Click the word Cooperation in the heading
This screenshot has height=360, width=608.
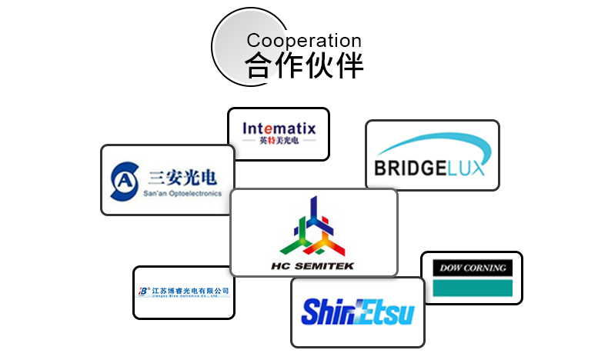[x=303, y=41]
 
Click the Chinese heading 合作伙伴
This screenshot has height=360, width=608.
[x=305, y=66]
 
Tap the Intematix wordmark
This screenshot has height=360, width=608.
[x=279, y=128]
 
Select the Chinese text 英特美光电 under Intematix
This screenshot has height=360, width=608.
[x=278, y=142]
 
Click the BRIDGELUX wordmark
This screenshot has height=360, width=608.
[x=430, y=168]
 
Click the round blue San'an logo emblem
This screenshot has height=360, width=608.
[x=125, y=179]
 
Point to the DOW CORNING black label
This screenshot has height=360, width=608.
[x=473, y=268]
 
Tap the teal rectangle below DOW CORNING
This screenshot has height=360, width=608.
[x=473, y=288]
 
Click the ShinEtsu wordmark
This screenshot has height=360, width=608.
[x=357, y=312]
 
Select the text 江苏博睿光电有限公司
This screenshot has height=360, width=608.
[x=189, y=291]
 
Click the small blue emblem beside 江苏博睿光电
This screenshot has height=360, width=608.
[x=143, y=292]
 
